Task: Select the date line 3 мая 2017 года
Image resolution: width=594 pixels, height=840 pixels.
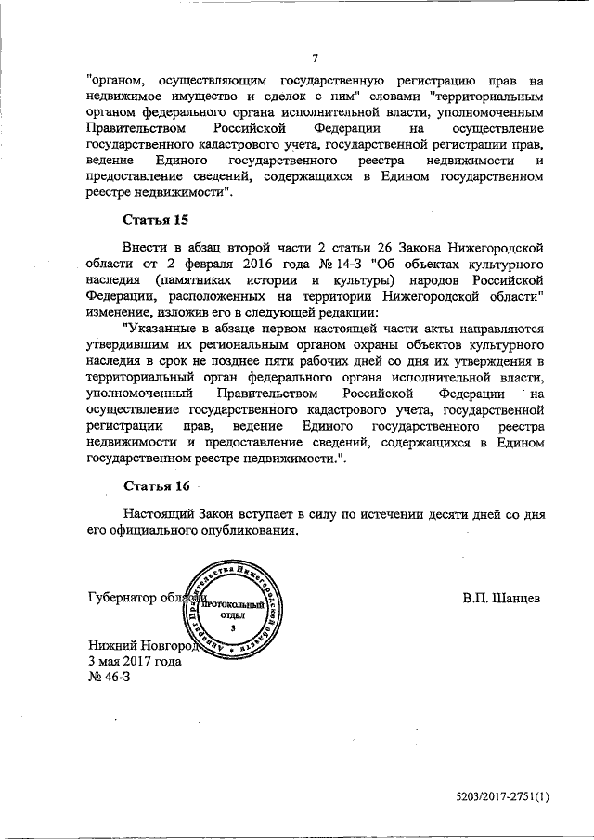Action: click(135, 662)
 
